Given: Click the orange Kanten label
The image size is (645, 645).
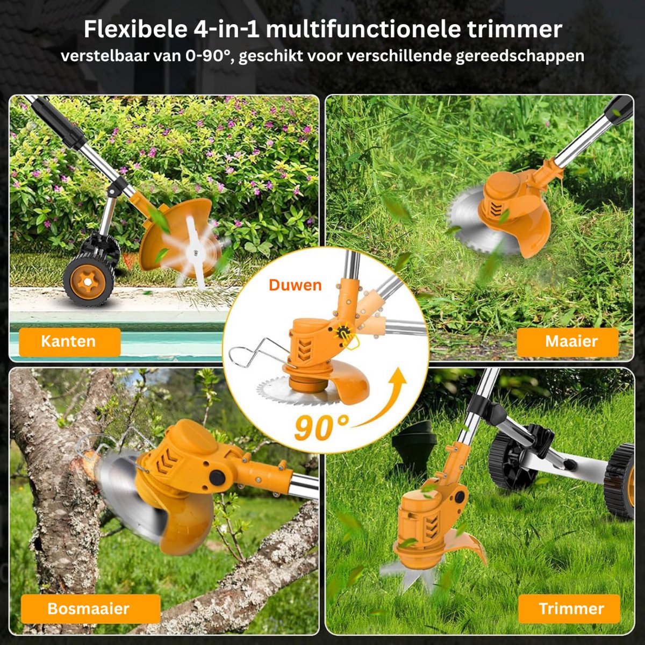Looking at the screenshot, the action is tap(70, 342).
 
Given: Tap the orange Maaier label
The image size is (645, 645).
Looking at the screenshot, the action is tap(568, 342).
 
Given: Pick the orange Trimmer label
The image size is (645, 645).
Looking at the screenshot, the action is tap(569, 608).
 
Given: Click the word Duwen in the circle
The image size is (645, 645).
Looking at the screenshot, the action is tap(295, 285).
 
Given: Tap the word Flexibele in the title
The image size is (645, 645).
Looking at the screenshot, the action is tap(135, 30).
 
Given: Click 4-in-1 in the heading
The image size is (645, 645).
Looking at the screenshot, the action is tap(226, 30).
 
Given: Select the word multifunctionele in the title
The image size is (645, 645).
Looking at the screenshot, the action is tap(363, 30).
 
